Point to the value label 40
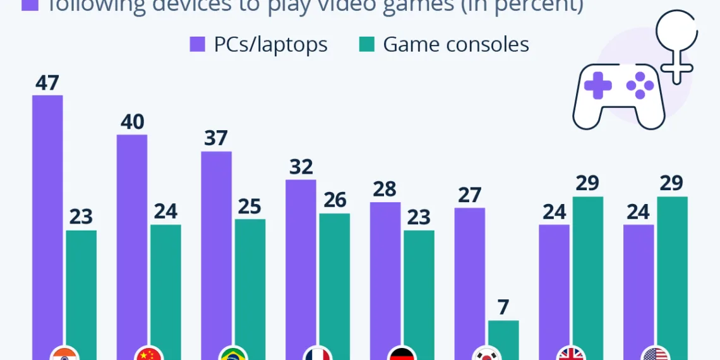(132, 122)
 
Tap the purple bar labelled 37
(216, 253)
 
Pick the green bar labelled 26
(334, 284)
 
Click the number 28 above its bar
(385, 189)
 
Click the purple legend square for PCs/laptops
(197, 44)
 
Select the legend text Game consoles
(456, 44)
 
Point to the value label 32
(301, 167)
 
